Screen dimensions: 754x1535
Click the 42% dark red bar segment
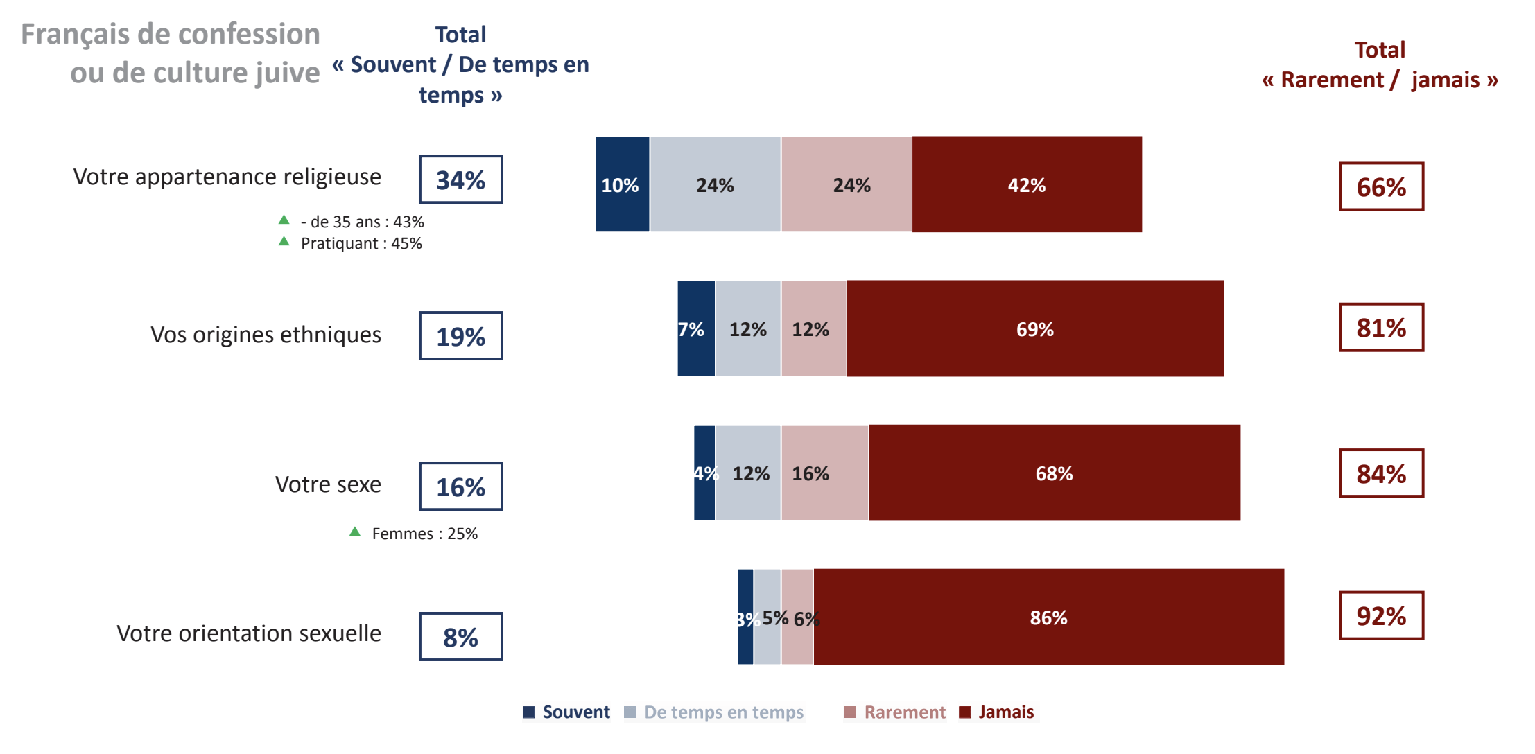(1026, 184)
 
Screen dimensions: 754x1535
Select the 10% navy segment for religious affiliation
(622, 184)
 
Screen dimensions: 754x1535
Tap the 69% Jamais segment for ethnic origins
(1034, 328)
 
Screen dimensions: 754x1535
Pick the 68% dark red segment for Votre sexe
(1054, 473)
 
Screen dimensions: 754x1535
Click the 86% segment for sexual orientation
(1048, 617)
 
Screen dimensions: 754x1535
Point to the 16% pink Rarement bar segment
(824, 473)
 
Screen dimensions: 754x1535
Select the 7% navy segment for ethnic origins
(695, 328)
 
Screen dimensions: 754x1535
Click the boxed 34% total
(460, 179)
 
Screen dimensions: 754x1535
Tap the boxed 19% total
(460, 336)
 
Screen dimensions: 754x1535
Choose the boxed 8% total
(460, 637)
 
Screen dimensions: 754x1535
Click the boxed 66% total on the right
(1380, 186)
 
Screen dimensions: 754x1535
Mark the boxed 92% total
(1380, 615)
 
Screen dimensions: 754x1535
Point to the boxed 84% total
(1380, 473)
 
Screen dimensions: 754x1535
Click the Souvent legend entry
(567, 712)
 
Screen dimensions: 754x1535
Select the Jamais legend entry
(997, 712)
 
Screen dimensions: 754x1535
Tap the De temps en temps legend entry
(714, 712)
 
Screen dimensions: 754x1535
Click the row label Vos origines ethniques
(266, 335)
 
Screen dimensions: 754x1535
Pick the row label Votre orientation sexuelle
(248, 633)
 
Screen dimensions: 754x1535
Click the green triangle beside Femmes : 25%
(355, 532)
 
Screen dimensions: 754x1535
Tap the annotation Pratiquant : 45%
(361, 243)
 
